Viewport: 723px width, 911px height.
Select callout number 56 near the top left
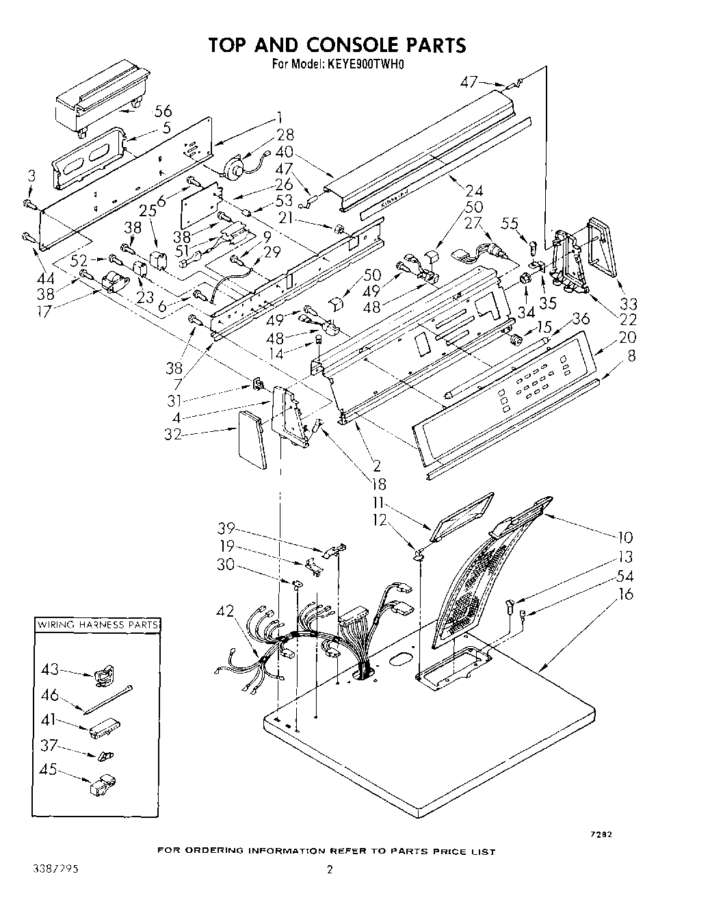163,112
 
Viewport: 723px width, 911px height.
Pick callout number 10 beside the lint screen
625,537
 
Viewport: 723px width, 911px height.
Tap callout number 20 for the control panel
627,337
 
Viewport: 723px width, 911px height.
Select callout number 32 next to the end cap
172,434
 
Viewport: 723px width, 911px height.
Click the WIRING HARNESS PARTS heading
98,625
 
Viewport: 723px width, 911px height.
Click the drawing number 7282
601,834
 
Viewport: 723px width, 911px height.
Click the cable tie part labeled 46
108,698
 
